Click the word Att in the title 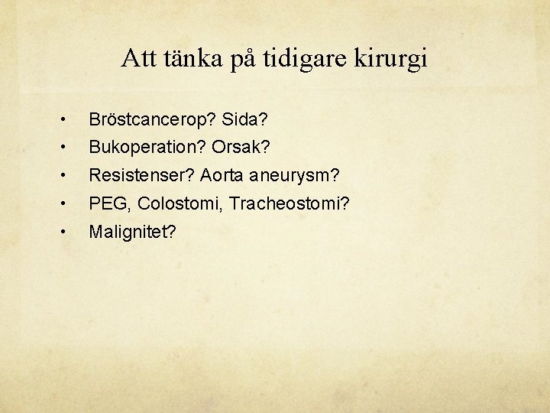pos(137,59)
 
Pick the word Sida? pos(244,120)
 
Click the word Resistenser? pos(141,175)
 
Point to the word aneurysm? pos(294,175)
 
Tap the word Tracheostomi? pos(270,203)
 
